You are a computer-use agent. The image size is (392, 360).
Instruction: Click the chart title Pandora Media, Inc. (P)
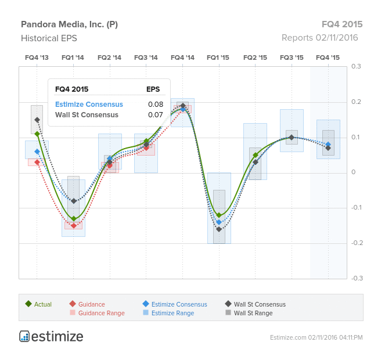[69, 24]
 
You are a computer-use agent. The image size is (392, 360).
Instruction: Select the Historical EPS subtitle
[49, 38]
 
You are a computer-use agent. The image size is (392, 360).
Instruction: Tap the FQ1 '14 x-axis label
[73, 57]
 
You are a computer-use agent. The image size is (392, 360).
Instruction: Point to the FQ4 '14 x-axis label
[182, 57]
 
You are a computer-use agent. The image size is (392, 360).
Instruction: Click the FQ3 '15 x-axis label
[292, 57]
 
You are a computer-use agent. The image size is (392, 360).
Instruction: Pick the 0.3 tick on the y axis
[356, 66]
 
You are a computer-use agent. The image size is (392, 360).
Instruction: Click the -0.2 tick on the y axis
[357, 243]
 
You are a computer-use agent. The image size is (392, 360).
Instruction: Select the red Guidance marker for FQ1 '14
[74, 226]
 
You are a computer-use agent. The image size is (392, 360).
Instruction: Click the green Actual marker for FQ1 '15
[219, 215]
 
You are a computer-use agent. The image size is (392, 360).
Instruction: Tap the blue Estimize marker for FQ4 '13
[37, 152]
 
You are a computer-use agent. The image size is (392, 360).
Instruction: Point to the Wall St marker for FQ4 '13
[37, 120]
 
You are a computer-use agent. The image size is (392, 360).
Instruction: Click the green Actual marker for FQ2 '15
[256, 155]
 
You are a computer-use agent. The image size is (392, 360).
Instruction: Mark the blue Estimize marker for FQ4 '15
[328, 145]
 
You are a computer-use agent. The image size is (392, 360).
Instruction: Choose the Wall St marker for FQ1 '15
[219, 229]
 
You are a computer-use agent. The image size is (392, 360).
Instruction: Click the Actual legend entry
[38, 304]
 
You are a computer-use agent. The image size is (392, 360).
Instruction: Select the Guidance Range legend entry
[97, 313]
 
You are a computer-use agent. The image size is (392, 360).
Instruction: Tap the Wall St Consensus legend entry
[256, 304]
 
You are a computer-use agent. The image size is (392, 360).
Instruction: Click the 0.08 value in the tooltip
[156, 105]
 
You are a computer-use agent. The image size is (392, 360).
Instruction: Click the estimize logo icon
[24, 336]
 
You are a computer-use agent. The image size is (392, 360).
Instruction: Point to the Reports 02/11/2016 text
[320, 38]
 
